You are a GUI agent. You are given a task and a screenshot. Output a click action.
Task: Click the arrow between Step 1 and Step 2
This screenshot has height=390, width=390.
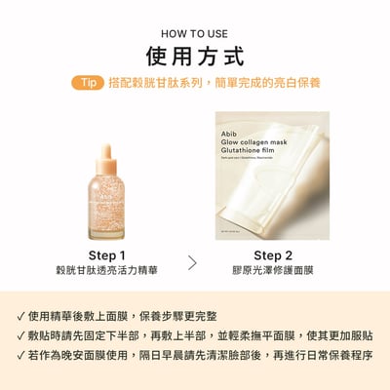pos(192,262)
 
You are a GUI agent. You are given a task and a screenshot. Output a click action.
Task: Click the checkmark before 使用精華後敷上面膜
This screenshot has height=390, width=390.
pos(21,316)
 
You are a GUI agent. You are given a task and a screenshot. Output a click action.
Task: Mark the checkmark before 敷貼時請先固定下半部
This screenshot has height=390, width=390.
pos(21,335)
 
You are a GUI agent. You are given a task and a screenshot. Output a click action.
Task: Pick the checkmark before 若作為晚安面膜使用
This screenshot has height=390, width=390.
pos(21,355)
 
